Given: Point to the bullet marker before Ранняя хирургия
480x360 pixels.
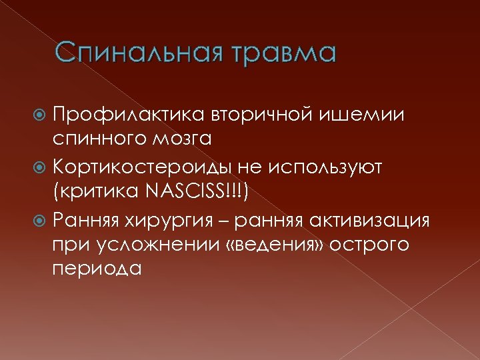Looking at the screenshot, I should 42,219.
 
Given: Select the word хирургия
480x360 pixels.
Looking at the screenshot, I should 194,219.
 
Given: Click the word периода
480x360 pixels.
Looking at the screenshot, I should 97,269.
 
